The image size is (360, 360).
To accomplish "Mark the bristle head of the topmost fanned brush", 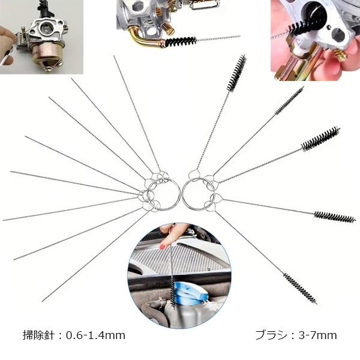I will point(237,72).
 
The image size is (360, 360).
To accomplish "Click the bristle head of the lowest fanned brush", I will point(300,289).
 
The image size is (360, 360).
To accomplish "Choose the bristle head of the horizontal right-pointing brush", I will point(334,217).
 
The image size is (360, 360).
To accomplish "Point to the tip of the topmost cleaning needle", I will point(115,58).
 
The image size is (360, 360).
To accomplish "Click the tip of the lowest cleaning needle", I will point(44,300).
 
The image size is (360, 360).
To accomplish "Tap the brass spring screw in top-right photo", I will point(340,56).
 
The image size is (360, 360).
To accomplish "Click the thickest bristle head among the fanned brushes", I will point(320,139).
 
